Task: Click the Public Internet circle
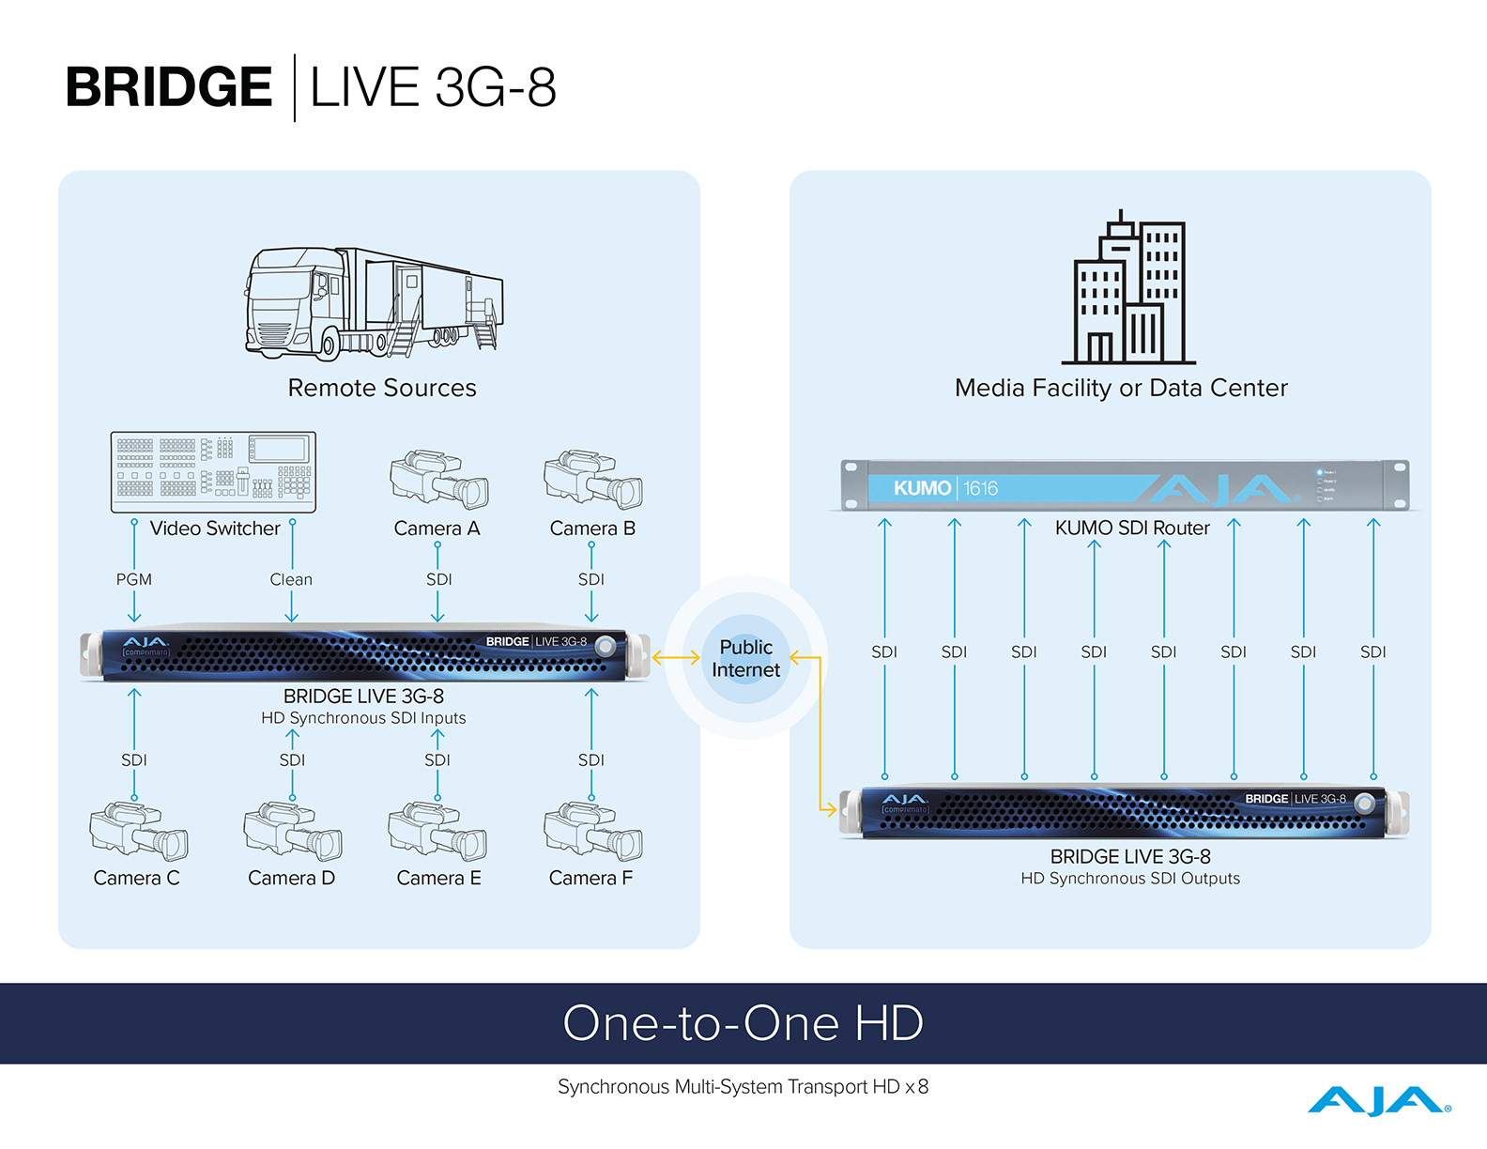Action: coord(745,658)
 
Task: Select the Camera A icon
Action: coord(438,479)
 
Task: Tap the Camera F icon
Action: coord(592,832)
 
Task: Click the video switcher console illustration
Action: coord(213,472)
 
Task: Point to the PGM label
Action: coord(134,579)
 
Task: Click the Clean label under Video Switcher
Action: coord(291,579)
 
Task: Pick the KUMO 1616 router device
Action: coord(1125,485)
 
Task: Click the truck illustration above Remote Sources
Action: coord(374,303)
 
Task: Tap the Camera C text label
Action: coord(136,878)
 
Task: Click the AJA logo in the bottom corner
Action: coord(1378,1100)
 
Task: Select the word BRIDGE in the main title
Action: coord(169,87)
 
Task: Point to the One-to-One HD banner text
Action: coord(743,1022)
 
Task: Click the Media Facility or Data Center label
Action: coord(1121,388)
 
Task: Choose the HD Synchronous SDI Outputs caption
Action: coord(1130,879)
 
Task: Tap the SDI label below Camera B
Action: coord(591,579)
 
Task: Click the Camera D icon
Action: coord(293,832)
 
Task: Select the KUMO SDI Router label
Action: coord(1132,528)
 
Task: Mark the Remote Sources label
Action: coord(382,388)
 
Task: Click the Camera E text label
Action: coord(438,878)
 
